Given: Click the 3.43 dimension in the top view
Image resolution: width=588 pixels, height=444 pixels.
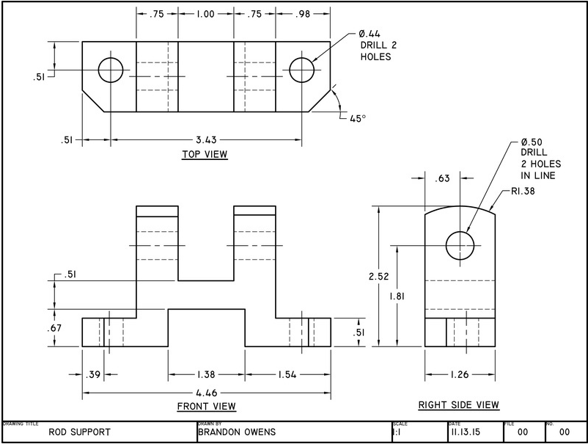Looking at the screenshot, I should tap(205, 139).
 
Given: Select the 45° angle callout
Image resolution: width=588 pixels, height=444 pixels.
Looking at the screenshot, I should tap(358, 117).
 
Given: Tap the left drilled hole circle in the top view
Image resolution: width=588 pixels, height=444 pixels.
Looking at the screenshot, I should tap(111, 70).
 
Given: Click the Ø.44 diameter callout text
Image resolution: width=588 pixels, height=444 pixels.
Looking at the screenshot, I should tap(371, 34).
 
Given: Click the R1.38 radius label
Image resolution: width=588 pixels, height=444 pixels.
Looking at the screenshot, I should tap(521, 192).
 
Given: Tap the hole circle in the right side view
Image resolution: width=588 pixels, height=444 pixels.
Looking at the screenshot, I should tap(460, 244).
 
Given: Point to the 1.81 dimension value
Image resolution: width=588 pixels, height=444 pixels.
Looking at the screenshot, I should tap(397, 296).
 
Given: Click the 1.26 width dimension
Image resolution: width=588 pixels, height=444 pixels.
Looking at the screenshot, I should tap(460, 374).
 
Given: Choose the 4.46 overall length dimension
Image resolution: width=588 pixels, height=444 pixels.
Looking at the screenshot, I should tap(206, 393).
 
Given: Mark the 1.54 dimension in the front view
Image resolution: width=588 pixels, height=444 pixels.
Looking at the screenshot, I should tap(287, 374).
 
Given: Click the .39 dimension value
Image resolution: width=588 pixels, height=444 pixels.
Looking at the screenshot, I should tap(93, 374).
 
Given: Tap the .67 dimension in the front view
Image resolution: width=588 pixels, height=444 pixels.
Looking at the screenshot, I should tap(56, 328).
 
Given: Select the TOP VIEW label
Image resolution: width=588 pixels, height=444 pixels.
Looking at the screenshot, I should tap(205, 154).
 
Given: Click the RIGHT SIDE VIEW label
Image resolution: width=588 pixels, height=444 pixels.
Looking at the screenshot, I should tap(459, 404).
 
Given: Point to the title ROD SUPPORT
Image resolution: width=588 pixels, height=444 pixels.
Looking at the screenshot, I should tap(79, 432).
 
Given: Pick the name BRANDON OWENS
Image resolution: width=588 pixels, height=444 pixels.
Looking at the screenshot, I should tap(237, 432).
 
